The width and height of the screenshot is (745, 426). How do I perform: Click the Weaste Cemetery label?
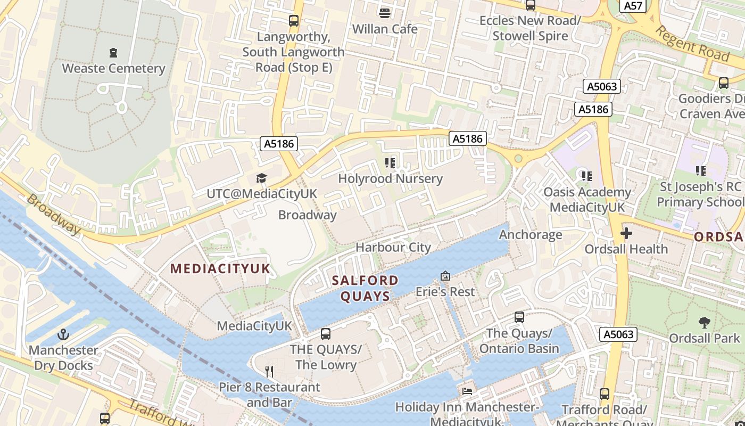pos(113,68)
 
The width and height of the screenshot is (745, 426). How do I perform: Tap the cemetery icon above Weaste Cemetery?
pos(113,52)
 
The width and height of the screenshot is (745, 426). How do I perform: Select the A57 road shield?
pos(633,5)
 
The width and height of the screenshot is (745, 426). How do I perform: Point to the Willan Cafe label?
pos(385,29)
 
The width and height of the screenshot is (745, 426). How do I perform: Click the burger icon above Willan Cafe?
pos(384,13)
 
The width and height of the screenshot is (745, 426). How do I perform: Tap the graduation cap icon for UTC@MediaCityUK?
pos(261,178)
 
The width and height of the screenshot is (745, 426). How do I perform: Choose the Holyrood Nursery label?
pos(390,178)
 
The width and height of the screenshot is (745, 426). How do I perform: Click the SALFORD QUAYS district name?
pos(365,288)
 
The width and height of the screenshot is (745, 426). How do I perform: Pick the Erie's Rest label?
pos(445,292)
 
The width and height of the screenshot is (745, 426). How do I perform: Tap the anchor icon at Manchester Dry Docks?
pos(63,334)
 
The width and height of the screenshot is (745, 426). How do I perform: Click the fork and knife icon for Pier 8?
pos(270,371)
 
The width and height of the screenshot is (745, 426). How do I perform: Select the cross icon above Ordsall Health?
pos(626,233)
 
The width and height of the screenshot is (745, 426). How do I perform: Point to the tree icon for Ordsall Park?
pos(704,322)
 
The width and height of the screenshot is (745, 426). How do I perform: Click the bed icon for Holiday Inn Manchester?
pos(467,391)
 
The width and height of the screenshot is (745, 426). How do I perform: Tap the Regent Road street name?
pos(691,43)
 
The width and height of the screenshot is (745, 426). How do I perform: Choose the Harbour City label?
pos(393,247)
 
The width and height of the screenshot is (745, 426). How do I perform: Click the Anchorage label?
pos(530,234)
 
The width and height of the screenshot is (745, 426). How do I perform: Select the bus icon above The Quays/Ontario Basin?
pos(519,317)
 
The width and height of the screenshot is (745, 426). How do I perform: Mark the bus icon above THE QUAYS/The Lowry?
pos(326,334)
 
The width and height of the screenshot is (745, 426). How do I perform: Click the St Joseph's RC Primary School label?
pos(700,194)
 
